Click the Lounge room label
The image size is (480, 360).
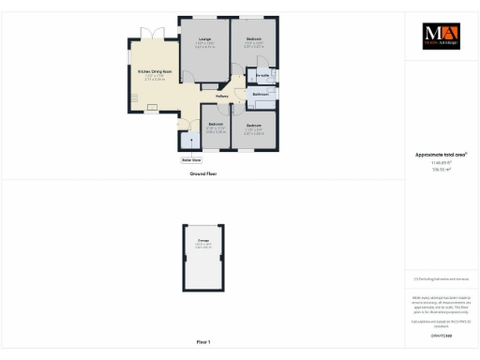coord(204,39)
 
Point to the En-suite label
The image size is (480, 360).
coord(262,74)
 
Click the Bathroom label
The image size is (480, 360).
coord(262,95)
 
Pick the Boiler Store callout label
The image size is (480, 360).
coord(191,159)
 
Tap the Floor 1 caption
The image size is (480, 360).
coord(203,341)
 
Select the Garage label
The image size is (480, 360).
coord(203,243)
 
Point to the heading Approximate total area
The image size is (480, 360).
coord(441,155)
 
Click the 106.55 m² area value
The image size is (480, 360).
coord(440,170)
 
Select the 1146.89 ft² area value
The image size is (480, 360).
coord(440,162)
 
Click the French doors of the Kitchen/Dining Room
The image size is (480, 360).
coord(148,36)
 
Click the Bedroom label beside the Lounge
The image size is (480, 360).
coord(254,40)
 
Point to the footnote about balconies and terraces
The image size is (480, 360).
coord(440,278)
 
